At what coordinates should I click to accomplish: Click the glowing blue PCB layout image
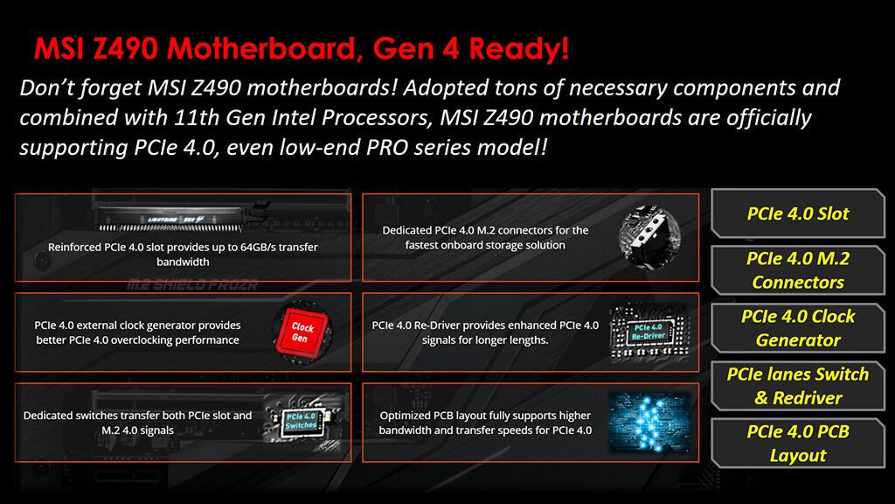point(649,421)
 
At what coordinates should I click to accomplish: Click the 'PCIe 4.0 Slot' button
point(797,213)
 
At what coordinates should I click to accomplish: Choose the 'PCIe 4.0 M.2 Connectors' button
point(797,270)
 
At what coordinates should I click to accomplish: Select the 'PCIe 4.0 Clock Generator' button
point(797,328)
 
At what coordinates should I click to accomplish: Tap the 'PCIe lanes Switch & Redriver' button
point(797,386)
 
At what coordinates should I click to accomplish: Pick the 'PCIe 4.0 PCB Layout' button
point(797,443)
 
